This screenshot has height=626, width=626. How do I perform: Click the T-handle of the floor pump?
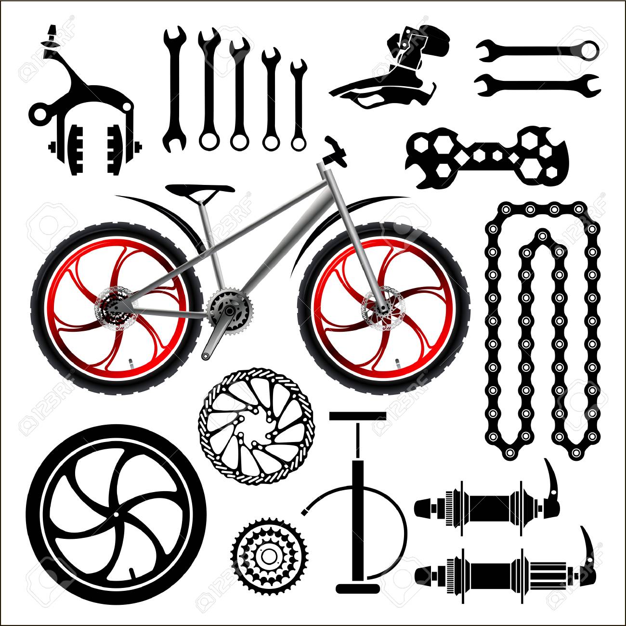click(x=357, y=415)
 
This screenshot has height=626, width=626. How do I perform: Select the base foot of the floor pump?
click(x=357, y=588)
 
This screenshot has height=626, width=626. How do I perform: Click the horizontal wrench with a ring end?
click(x=537, y=49)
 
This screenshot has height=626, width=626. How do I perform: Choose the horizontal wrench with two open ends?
click(x=537, y=85)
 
